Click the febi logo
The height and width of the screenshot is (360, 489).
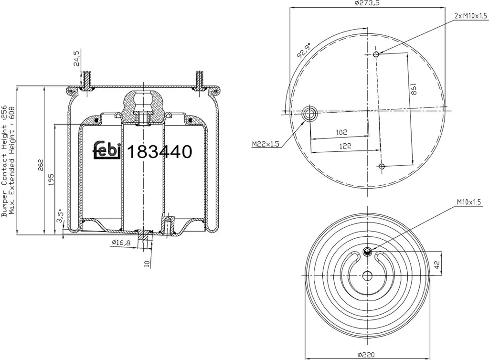tap(107, 151)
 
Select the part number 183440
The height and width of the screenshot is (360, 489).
tap(159, 152)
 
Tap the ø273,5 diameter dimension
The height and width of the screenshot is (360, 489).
tap(367, 3)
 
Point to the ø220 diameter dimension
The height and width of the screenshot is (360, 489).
tap(366, 354)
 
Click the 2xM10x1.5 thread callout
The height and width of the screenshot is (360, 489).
tap(470, 16)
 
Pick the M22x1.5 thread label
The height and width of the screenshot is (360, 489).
tap(266, 144)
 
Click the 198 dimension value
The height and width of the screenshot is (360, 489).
tap(413, 89)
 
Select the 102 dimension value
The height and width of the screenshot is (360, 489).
tap(341, 132)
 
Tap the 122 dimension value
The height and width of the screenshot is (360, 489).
tap(345, 146)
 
